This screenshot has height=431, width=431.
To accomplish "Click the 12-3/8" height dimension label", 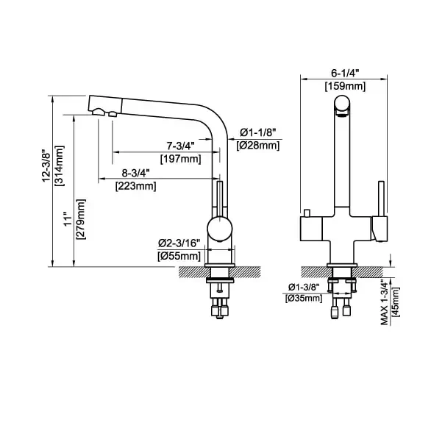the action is pyautogui.click(x=46, y=165).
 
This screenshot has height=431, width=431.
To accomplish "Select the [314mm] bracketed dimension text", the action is pyautogui.click(x=60, y=165).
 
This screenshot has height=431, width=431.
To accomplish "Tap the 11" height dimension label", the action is pyautogui.click(x=68, y=219).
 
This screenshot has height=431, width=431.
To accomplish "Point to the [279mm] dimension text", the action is pyautogui.click(x=81, y=219).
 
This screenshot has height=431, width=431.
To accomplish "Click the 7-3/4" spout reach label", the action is pyautogui.click(x=181, y=146).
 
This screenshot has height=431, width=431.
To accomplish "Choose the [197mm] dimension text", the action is pyautogui.click(x=181, y=159).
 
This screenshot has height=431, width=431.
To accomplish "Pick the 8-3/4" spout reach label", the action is pyautogui.click(x=135, y=173).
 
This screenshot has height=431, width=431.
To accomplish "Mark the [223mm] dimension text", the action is pyautogui.click(x=136, y=186).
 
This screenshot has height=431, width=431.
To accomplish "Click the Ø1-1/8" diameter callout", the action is pyautogui.click(x=257, y=132).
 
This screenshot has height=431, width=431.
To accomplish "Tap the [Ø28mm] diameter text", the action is pyautogui.click(x=258, y=146).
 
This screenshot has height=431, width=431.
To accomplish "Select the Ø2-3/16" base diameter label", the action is pyautogui.click(x=179, y=243).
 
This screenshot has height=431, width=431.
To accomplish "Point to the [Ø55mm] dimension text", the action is pyautogui.click(x=179, y=256).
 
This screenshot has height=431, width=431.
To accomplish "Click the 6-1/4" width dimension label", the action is pyautogui.click(x=345, y=73).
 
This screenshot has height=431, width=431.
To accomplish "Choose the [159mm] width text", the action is pyautogui.click(x=345, y=86).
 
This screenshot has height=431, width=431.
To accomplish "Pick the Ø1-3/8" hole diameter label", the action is pyautogui.click(x=304, y=288).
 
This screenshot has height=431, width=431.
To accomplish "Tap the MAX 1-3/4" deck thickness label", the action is pyautogui.click(x=384, y=302).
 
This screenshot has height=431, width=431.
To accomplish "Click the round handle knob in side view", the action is pyautogui.click(x=220, y=229).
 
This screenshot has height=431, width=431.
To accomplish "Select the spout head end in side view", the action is pyautogui.click(x=105, y=106).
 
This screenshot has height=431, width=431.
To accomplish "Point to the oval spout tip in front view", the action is pyautogui.click(x=342, y=105).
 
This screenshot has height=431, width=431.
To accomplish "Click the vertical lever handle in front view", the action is pyautogui.click(x=381, y=199).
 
